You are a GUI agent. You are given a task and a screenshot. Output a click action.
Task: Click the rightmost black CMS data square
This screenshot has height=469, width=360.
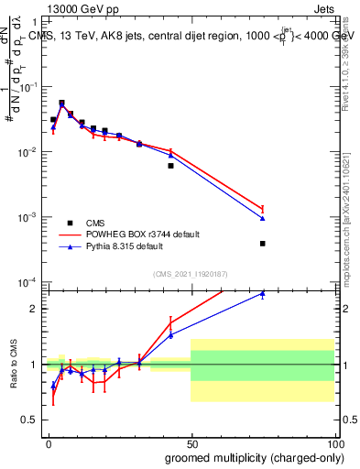tap(263, 244)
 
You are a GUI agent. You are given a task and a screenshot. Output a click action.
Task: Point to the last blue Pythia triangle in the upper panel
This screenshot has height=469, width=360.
tap(263, 218)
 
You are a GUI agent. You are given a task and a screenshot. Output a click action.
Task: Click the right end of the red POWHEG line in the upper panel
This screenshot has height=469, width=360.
tap(263, 209)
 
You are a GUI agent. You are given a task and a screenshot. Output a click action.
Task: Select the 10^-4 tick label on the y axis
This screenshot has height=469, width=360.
tap(29, 282)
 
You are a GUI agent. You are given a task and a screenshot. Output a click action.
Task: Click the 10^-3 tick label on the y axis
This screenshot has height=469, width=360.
tap(29, 217)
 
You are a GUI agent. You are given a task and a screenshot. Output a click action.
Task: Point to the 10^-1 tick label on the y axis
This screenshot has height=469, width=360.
tap(29, 87)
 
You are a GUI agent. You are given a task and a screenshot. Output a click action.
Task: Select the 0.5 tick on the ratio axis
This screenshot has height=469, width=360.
tap(31, 420)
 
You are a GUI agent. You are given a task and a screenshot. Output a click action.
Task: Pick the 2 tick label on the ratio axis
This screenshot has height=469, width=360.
tap(35, 309)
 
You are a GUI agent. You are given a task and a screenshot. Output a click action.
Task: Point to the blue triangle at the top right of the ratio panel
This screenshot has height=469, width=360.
tap(263, 294)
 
